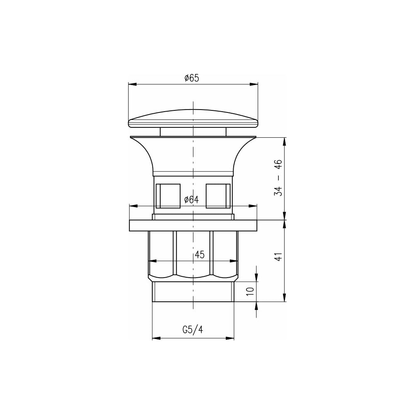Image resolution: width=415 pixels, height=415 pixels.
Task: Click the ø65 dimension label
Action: (192, 78)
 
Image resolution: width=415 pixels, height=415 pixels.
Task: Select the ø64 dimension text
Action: (191, 200)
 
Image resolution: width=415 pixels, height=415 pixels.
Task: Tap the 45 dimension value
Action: (200, 255)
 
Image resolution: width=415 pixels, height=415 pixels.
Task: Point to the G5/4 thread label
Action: (193, 330)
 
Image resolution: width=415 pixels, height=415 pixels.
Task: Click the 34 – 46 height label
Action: (278, 178)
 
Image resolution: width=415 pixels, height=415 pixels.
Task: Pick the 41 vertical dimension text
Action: (278, 257)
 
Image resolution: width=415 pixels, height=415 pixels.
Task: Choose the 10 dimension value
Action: (250, 291)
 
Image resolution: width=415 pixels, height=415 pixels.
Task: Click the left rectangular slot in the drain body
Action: (168, 196)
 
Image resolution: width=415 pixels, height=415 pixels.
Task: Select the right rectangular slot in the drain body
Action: (218, 196)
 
